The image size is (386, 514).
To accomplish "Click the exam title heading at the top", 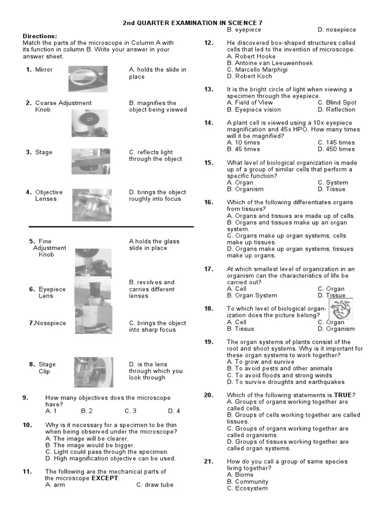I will pyautogui.click(x=193, y=23).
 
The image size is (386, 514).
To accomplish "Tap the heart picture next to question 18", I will pyautogui.click(x=344, y=309).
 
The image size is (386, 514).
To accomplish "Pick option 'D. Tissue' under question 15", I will pyautogui.click(x=332, y=189).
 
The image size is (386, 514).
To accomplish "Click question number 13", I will pyautogui.click(x=209, y=89).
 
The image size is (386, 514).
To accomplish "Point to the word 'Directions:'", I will pyautogui.click(x=40, y=36).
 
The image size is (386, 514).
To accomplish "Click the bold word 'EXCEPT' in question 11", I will pyautogui.click(x=104, y=478).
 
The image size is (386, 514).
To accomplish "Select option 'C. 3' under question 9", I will pyautogui.click(x=131, y=411).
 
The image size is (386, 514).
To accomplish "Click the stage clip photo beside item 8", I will pyautogui.click(x=93, y=372).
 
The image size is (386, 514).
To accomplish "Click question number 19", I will pyautogui.click(x=209, y=342).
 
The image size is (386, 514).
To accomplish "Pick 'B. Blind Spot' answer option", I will pyautogui.click(x=337, y=103).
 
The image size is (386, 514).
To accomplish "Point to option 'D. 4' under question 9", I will pyautogui.click(x=174, y=411).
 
